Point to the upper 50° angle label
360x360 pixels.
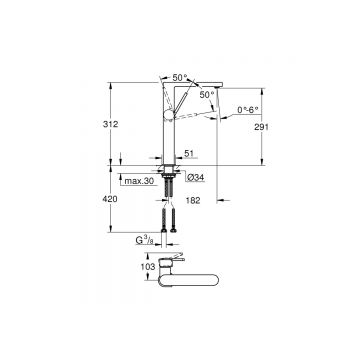tap(179, 77)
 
